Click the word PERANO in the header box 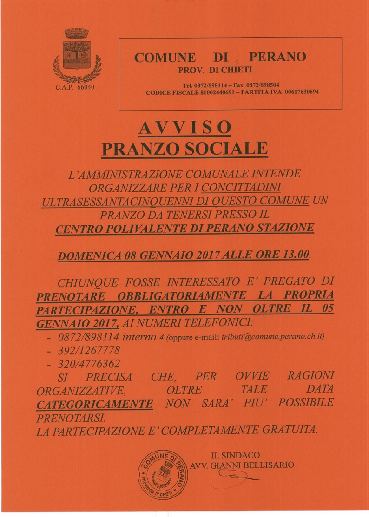click(x=277, y=57)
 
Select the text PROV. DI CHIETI click(x=215, y=70)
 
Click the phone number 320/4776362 click(x=81, y=364)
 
